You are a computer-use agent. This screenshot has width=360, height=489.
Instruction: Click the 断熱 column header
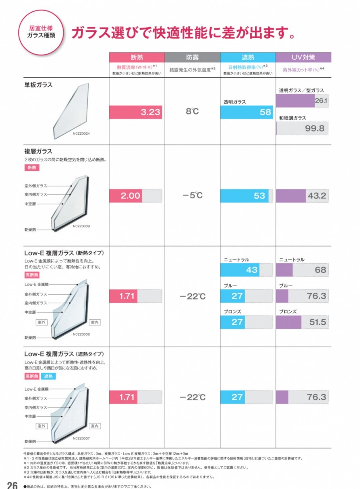(137, 57)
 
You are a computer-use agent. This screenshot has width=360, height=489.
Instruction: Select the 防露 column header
(192, 57)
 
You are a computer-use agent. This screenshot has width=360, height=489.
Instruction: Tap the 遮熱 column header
(248, 57)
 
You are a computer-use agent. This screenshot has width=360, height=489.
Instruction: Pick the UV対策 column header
(303, 57)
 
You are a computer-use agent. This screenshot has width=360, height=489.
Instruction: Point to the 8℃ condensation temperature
(192, 111)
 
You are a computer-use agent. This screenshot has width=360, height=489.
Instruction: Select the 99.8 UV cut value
(316, 128)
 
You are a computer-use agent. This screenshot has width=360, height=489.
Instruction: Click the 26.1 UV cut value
(321, 100)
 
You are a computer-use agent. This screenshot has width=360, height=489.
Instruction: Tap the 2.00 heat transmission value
(130, 196)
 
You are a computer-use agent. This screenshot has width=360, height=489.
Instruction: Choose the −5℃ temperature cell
(192, 196)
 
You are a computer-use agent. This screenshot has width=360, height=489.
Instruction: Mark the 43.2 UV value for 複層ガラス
(317, 196)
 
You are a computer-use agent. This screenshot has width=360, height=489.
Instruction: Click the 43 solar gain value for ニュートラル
(251, 270)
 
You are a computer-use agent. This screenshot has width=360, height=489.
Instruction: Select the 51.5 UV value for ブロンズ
(317, 322)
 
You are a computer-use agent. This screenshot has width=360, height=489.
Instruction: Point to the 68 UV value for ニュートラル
(320, 270)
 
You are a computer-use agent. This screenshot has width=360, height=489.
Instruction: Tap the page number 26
(12, 485)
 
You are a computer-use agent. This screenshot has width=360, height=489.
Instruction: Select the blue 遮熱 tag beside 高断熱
(48, 376)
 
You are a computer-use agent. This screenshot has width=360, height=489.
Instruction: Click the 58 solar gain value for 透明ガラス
(265, 112)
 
